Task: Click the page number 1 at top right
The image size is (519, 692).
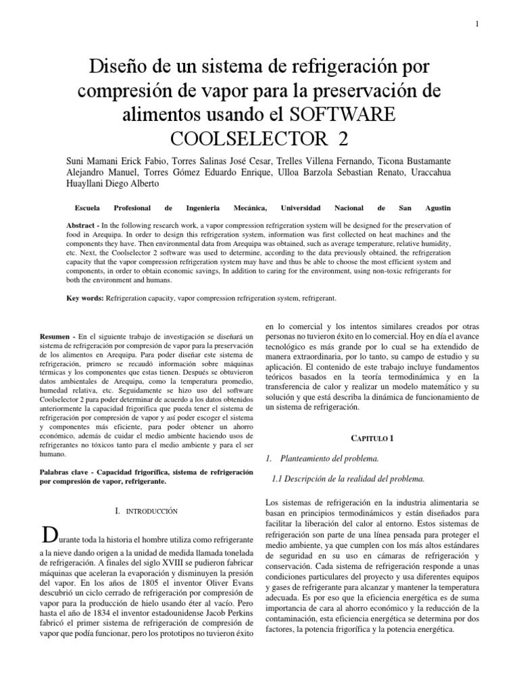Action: [476, 25]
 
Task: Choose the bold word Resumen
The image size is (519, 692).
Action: [56, 336]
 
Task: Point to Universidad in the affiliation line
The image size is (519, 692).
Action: [301, 208]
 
